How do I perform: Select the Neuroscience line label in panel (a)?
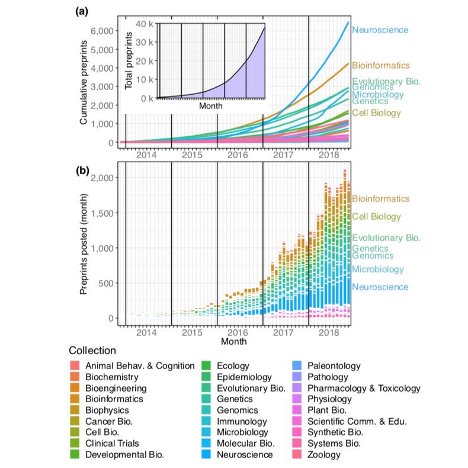coord(380,30)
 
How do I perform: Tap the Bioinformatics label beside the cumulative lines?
coord(380,65)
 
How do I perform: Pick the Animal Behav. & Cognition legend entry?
coord(140,366)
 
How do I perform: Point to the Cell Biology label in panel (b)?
coord(376,217)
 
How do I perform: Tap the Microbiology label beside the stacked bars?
coord(378,269)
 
